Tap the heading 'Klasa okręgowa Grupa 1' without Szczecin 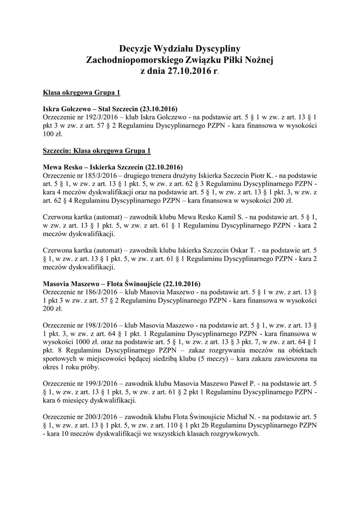pyautogui.click(x=81, y=92)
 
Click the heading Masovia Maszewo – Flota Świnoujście pyautogui.click(x=122, y=284)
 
